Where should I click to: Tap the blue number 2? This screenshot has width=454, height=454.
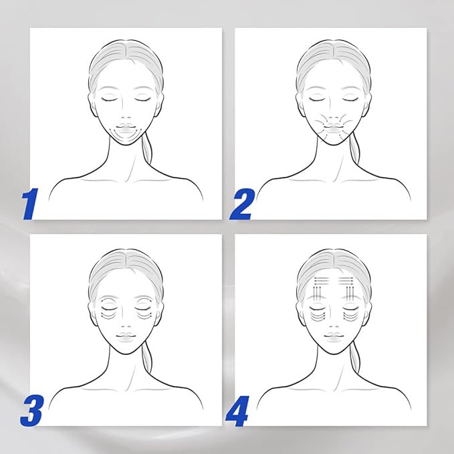(x=241, y=203)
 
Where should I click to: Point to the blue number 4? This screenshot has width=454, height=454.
(x=238, y=411)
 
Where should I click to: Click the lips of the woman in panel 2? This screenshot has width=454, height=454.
(x=334, y=128)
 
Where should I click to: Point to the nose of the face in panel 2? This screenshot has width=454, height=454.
(x=334, y=114)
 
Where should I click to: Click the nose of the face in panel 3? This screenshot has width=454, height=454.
(x=126, y=322)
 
